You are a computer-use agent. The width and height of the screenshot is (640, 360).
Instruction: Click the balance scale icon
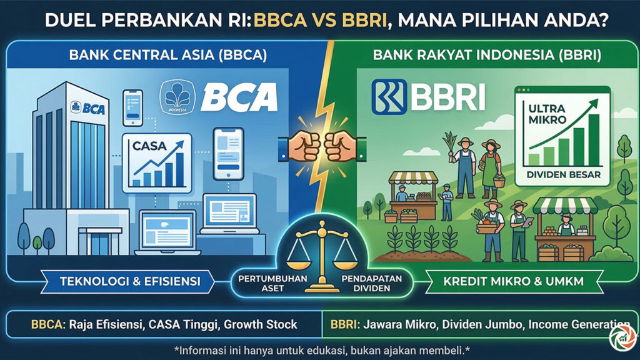point(319,253)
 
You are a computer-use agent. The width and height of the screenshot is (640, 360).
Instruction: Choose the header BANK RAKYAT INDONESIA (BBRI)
point(486,55)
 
